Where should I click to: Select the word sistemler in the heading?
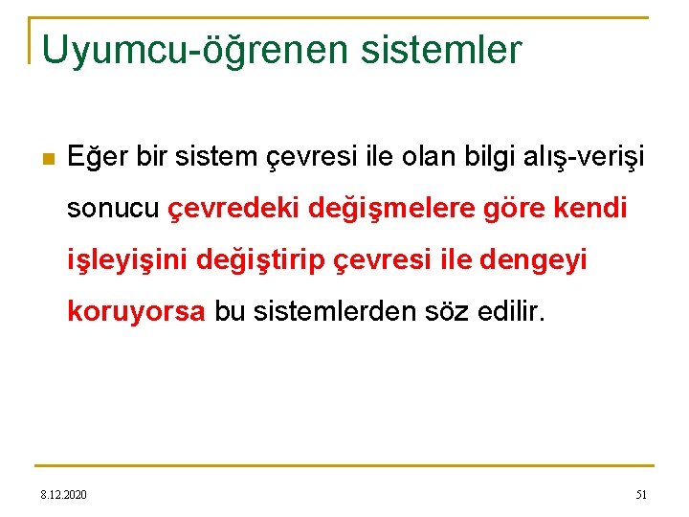click(441, 49)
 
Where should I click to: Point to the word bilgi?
click(493, 156)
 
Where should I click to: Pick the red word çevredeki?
click(234, 209)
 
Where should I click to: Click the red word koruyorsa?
click(136, 312)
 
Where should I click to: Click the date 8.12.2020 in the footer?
click(63, 494)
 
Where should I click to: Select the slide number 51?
click(641, 494)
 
